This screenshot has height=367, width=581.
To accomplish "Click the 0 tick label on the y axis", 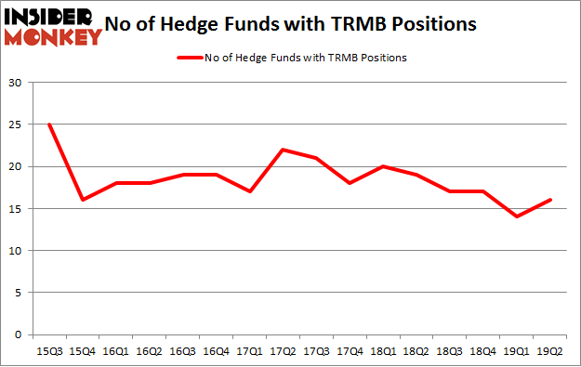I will tap(18, 334).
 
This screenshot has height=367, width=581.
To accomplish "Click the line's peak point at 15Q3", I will tap(48, 125).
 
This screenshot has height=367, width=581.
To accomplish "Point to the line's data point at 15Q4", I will tap(82, 200).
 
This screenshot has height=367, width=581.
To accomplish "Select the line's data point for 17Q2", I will tap(282, 150).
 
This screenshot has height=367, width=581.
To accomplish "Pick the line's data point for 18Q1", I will tap(382, 166).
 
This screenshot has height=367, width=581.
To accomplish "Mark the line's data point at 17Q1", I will tap(248, 191).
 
